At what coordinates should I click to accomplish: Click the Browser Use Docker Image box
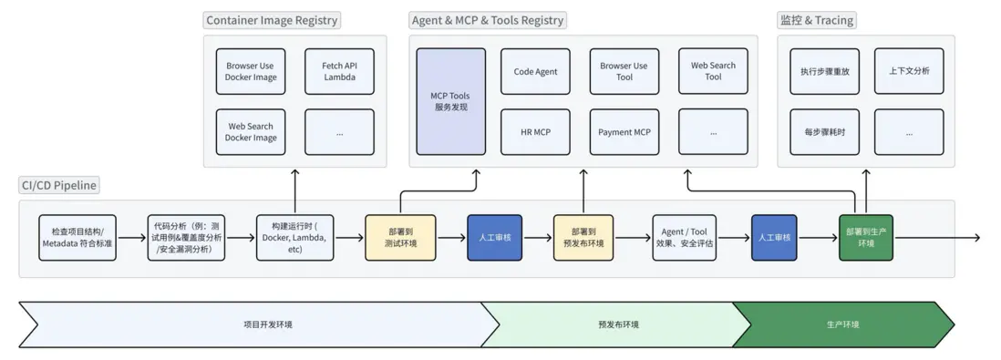(x=251, y=71)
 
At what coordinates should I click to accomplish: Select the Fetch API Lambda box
(x=339, y=71)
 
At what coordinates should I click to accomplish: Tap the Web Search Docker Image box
(x=251, y=132)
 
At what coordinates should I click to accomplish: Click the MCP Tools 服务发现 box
(x=451, y=101)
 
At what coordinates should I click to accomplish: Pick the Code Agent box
(x=535, y=71)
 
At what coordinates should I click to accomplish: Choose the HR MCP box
(x=535, y=132)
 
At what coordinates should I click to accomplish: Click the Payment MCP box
(x=624, y=132)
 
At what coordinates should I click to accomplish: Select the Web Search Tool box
(x=713, y=71)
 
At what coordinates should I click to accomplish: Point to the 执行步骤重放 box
(x=819, y=71)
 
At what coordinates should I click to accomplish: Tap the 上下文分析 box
(x=909, y=71)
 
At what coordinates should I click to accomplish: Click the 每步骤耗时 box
(x=819, y=132)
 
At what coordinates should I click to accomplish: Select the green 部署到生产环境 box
(x=866, y=238)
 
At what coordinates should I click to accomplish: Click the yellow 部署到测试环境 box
(x=401, y=238)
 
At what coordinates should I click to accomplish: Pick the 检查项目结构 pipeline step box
(x=78, y=238)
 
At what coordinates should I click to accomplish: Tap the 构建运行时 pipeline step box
(x=294, y=238)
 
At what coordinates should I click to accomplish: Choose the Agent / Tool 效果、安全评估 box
(x=684, y=238)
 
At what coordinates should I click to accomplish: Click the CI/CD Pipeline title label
(x=59, y=186)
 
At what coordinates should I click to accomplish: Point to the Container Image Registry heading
(x=272, y=20)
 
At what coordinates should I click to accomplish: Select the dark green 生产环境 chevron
(x=843, y=324)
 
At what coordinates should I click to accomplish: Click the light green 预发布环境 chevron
(x=618, y=324)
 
